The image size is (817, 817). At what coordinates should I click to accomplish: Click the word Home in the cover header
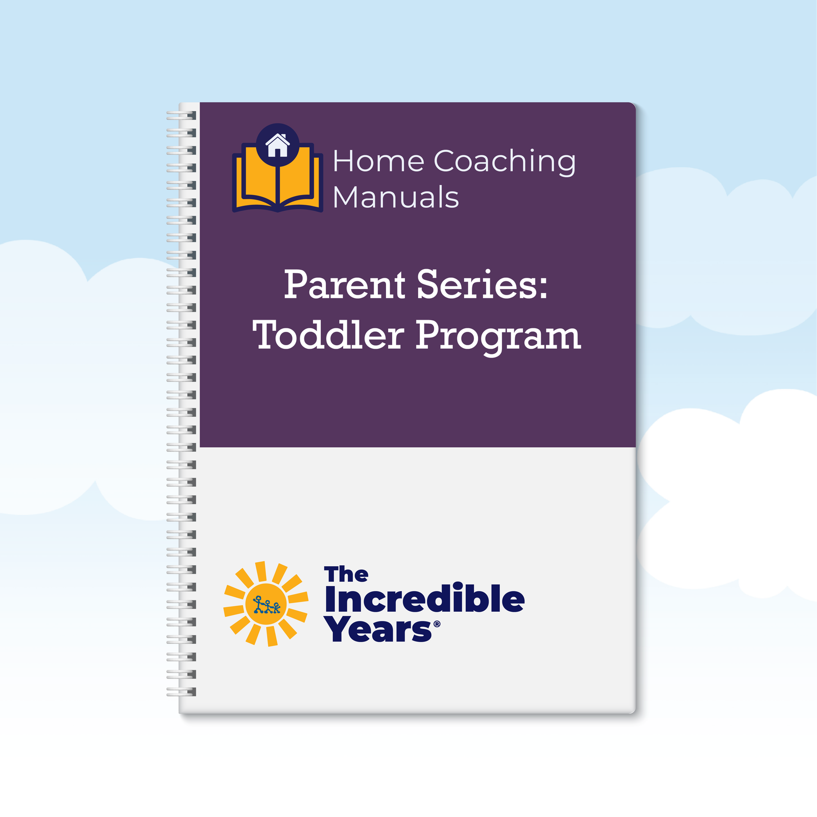(x=378, y=161)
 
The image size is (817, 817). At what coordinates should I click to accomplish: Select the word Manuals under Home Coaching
(x=396, y=197)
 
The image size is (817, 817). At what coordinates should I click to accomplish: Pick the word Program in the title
(x=498, y=337)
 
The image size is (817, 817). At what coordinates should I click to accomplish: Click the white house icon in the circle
(x=277, y=145)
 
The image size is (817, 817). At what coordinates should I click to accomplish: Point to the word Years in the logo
(x=378, y=629)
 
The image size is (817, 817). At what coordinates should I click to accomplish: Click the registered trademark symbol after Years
(x=437, y=624)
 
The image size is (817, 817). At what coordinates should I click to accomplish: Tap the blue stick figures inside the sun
(x=267, y=605)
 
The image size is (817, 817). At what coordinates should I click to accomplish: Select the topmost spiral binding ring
(x=181, y=115)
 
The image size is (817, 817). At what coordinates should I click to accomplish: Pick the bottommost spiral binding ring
(x=181, y=692)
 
